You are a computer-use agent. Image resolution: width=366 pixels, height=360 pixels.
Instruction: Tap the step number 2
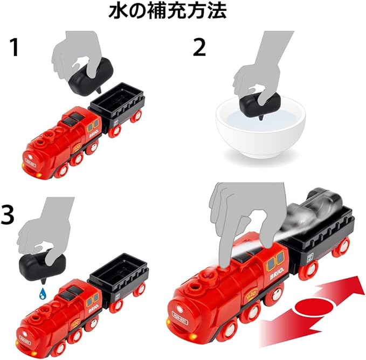200,48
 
